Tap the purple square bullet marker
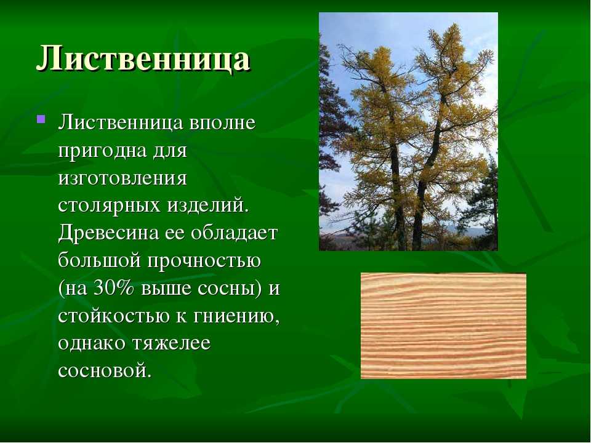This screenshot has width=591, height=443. [41, 120]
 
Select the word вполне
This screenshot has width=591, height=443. [222, 123]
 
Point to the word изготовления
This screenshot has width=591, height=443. [123, 178]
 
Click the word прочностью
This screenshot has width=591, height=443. [204, 261]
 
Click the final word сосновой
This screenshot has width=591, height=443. [105, 370]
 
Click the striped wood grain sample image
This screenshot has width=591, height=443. [444, 326]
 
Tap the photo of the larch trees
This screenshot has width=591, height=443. [408, 132]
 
